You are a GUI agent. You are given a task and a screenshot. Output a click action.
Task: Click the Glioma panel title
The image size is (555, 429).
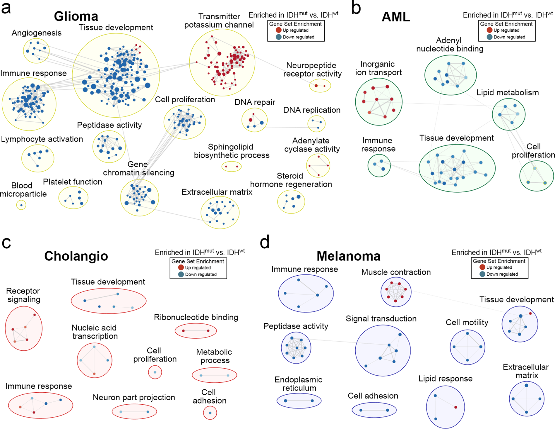coord(76,16)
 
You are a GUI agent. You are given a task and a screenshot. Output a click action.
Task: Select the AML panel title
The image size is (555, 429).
coord(396,17)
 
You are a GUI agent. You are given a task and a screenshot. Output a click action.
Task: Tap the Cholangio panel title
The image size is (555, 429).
coord(76,256)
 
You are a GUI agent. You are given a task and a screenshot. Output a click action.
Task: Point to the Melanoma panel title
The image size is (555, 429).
coord(348,256)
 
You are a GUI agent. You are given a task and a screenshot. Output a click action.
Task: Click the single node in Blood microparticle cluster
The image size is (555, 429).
coord(21,205)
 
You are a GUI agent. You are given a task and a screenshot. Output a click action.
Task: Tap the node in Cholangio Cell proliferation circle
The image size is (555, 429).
coord(155,372)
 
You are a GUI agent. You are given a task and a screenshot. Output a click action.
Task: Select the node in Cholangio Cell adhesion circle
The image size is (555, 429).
coord(210,413)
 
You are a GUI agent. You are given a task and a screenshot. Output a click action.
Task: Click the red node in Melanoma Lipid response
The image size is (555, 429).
coord(456,407)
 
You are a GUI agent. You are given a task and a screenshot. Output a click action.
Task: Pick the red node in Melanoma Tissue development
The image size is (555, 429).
coord(530,313)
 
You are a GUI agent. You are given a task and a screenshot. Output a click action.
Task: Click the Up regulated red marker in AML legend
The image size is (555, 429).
coord(489,30)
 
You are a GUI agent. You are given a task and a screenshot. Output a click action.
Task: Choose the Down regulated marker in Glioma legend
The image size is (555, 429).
coord(279,37)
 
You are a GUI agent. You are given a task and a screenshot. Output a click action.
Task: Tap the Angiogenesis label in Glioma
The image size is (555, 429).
coord(37,33)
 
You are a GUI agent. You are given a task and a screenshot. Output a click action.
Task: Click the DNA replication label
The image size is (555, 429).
coord(312,110)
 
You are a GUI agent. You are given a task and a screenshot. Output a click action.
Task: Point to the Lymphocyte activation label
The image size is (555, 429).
coord(42,139)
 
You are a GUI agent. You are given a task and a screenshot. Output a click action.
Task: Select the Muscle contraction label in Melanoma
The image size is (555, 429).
coord(396,272)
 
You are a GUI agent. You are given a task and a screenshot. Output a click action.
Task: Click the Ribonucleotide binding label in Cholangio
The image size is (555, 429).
coord(196,317)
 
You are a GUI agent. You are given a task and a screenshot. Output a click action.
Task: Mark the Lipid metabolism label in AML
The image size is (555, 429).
coord(508,93)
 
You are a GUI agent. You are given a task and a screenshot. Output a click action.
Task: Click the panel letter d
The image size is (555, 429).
coord(265,243)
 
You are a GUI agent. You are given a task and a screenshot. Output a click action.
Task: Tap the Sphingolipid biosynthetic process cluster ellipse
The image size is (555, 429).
coord(232,167)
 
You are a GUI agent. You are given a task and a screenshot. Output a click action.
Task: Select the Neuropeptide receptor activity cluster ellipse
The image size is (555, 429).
coord(320,86)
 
